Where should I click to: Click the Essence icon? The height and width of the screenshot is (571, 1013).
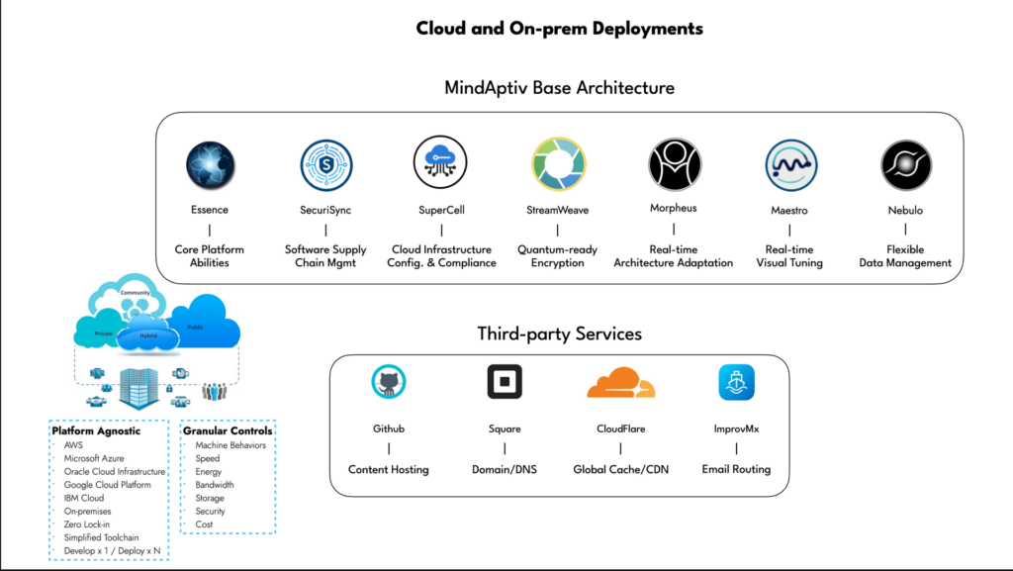pos(210,165)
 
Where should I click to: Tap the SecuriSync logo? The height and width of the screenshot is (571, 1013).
pos(325,165)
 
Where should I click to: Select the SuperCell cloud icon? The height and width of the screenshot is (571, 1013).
pos(441,163)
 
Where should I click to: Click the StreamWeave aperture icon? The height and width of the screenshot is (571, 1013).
pos(558,164)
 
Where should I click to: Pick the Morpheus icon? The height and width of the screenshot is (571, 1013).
pos(674,163)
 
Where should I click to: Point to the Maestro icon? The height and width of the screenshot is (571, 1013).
pos(790,165)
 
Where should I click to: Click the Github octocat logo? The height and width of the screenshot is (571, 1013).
pos(389,382)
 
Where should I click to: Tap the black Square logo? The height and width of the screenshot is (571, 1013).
pos(505,382)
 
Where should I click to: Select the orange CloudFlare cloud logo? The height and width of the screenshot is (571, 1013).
pos(620,382)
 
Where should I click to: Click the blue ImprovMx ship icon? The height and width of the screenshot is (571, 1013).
pos(736,382)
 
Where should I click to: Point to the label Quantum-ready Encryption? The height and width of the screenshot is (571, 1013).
pos(558,256)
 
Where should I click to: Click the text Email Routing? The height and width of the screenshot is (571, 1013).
pos(736,469)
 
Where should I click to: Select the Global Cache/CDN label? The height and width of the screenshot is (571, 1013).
pos(620,469)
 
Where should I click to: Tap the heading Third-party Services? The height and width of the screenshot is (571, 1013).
pos(559,333)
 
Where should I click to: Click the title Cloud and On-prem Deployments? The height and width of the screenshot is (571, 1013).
pos(559,29)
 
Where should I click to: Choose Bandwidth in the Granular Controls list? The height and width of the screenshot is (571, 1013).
pos(215,485)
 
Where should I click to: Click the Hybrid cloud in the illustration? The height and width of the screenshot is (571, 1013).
pos(147,336)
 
